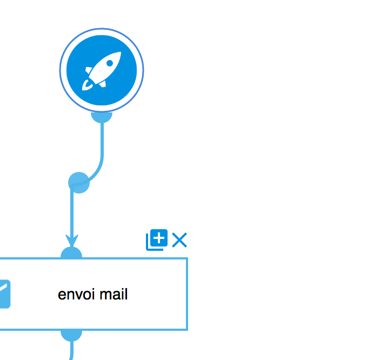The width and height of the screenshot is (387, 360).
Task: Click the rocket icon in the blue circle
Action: pos(102,71)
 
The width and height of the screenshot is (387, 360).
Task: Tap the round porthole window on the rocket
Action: pos(110,63)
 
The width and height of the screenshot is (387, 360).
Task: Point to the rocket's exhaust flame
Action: pos(86,85)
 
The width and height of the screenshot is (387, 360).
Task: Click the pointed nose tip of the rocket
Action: pos(121,52)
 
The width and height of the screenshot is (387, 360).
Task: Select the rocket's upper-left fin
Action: pos(88,70)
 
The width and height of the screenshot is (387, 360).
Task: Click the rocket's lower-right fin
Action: pos(103,84)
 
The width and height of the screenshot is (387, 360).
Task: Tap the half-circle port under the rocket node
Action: pos(102,117)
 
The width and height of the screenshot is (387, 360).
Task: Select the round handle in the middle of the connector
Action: pos(79,183)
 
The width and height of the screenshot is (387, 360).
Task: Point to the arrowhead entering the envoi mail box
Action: pos(72,241)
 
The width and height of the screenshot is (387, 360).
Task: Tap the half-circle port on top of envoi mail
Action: pos(71,252)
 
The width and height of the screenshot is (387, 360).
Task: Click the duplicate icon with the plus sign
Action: pos(157,239)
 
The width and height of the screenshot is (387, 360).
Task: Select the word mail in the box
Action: pos(114,294)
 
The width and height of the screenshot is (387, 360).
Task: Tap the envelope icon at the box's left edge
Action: pos(5,294)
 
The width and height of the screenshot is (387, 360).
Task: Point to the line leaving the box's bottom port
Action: pos(71,351)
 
